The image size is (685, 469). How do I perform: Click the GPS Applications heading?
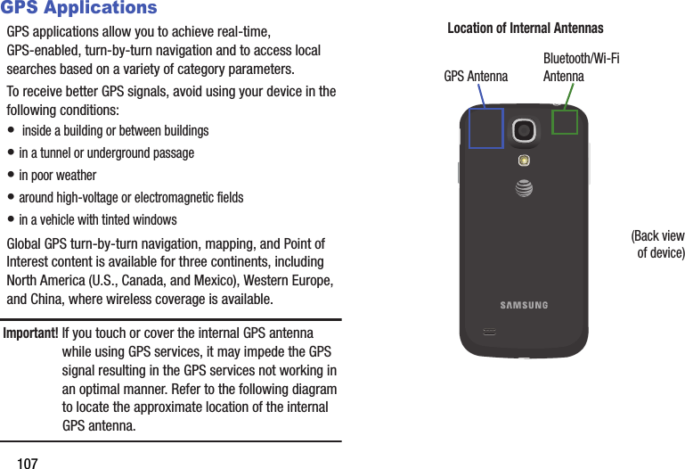point(78,9)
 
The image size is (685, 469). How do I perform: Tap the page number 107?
point(28,463)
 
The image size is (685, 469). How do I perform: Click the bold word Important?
point(31,333)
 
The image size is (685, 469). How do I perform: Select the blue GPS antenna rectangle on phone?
point(485,128)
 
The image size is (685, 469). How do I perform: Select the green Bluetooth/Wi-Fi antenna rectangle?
point(565,121)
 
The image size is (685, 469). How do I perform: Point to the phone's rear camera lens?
point(525,130)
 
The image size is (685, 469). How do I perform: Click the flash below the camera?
point(525,160)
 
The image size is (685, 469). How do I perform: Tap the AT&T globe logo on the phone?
point(525,187)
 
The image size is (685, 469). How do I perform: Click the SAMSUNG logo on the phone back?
point(524,306)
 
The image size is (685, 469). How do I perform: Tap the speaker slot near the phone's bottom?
point(490,332)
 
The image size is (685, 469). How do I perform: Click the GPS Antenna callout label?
point(476,77)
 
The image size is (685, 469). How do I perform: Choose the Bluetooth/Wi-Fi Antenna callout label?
point(581,68)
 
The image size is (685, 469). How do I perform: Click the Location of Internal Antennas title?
point(525,29)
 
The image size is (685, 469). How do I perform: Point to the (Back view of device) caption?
point(658,244)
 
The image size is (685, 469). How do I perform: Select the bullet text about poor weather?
point(57,176)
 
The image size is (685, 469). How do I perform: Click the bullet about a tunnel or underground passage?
point(106,153)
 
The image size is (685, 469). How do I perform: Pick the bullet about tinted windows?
point(98,220)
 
